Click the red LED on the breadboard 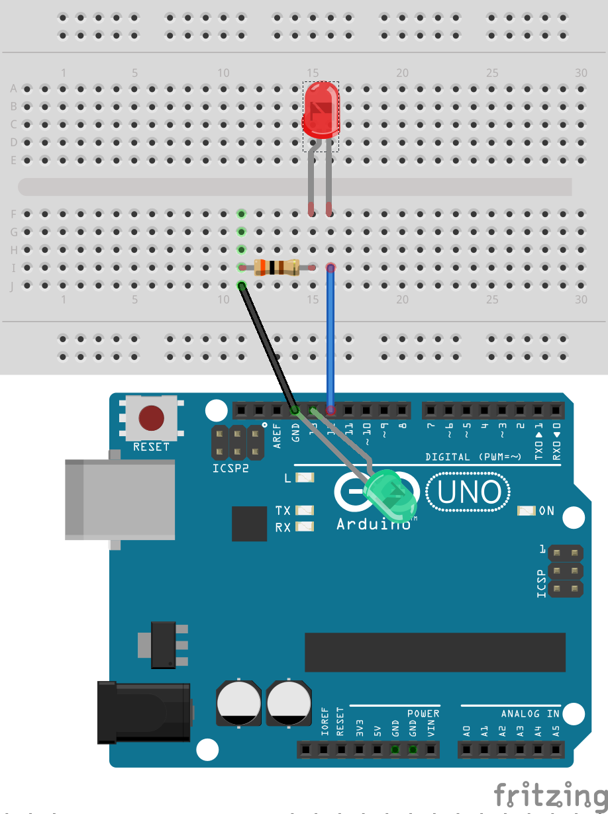point(322,110)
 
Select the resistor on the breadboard point(276,267)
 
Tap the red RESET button point(151,418)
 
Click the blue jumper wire point(330,338)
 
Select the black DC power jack point(143,713)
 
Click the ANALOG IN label point(531,713)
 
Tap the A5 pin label point(556,731)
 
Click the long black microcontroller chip point(434,652)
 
